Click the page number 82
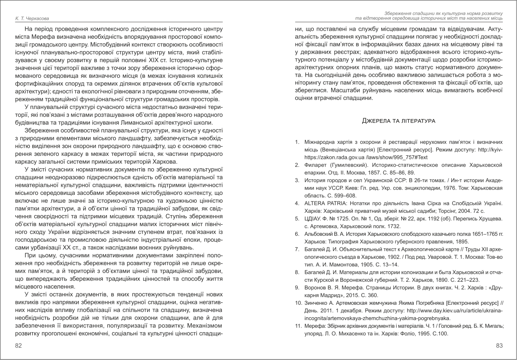click(19, 345)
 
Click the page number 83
click(498, 345)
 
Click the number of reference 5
click(296, 218)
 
